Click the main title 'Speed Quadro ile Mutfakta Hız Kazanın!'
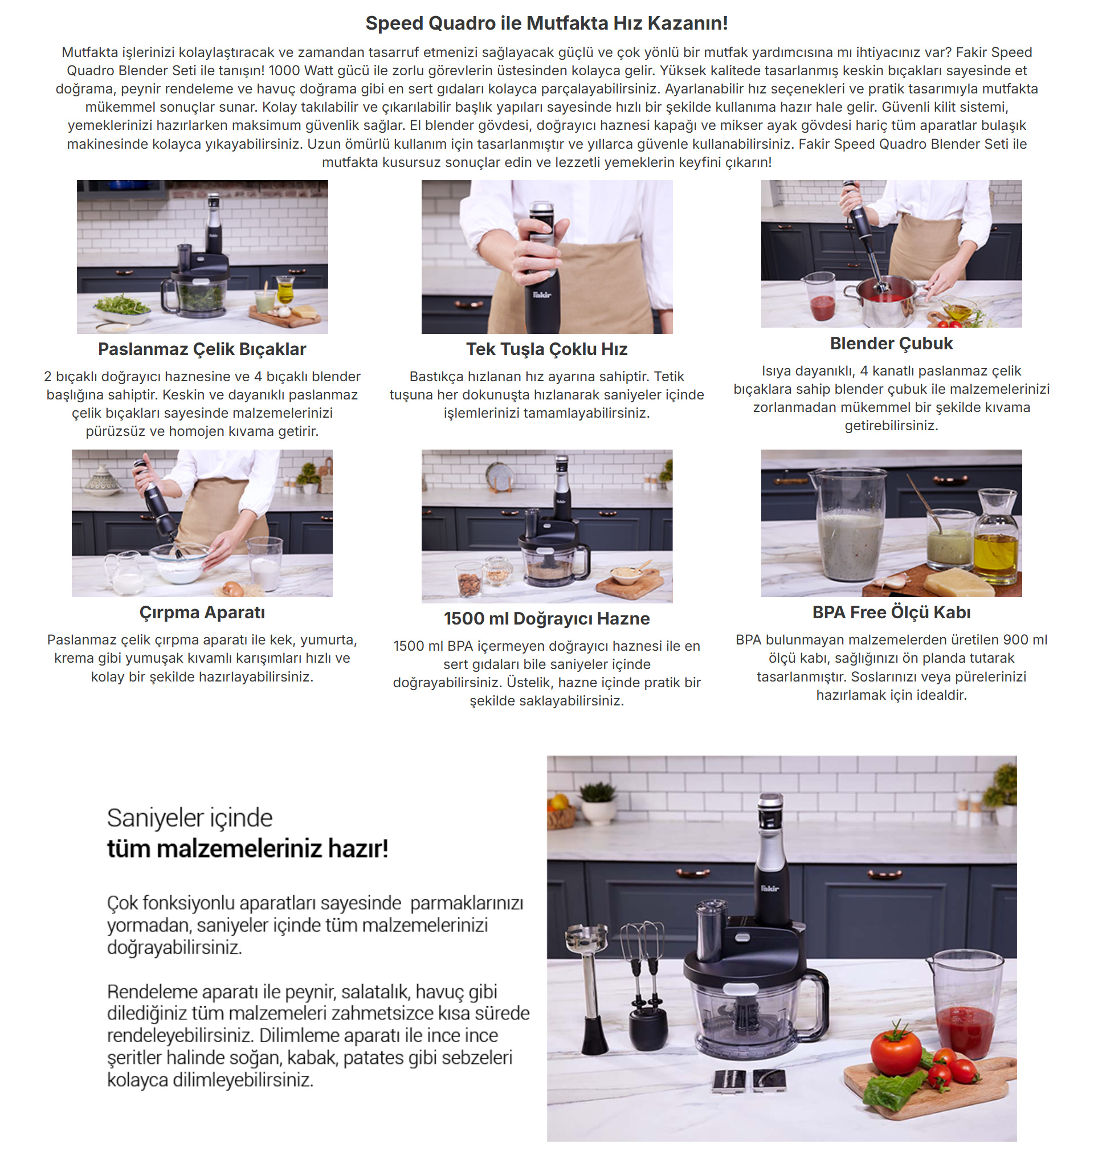point(546,23)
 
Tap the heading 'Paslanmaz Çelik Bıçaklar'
point(202,349)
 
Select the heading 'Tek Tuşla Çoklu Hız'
point(546,349)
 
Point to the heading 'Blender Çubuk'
point(891,344)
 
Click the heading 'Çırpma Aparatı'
point(202,613)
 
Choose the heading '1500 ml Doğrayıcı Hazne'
point(546,618)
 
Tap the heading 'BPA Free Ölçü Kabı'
point(891,613)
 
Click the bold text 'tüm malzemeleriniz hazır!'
point(247,849)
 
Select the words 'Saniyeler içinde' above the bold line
point(190,818)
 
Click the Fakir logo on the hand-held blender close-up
point(542,294)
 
